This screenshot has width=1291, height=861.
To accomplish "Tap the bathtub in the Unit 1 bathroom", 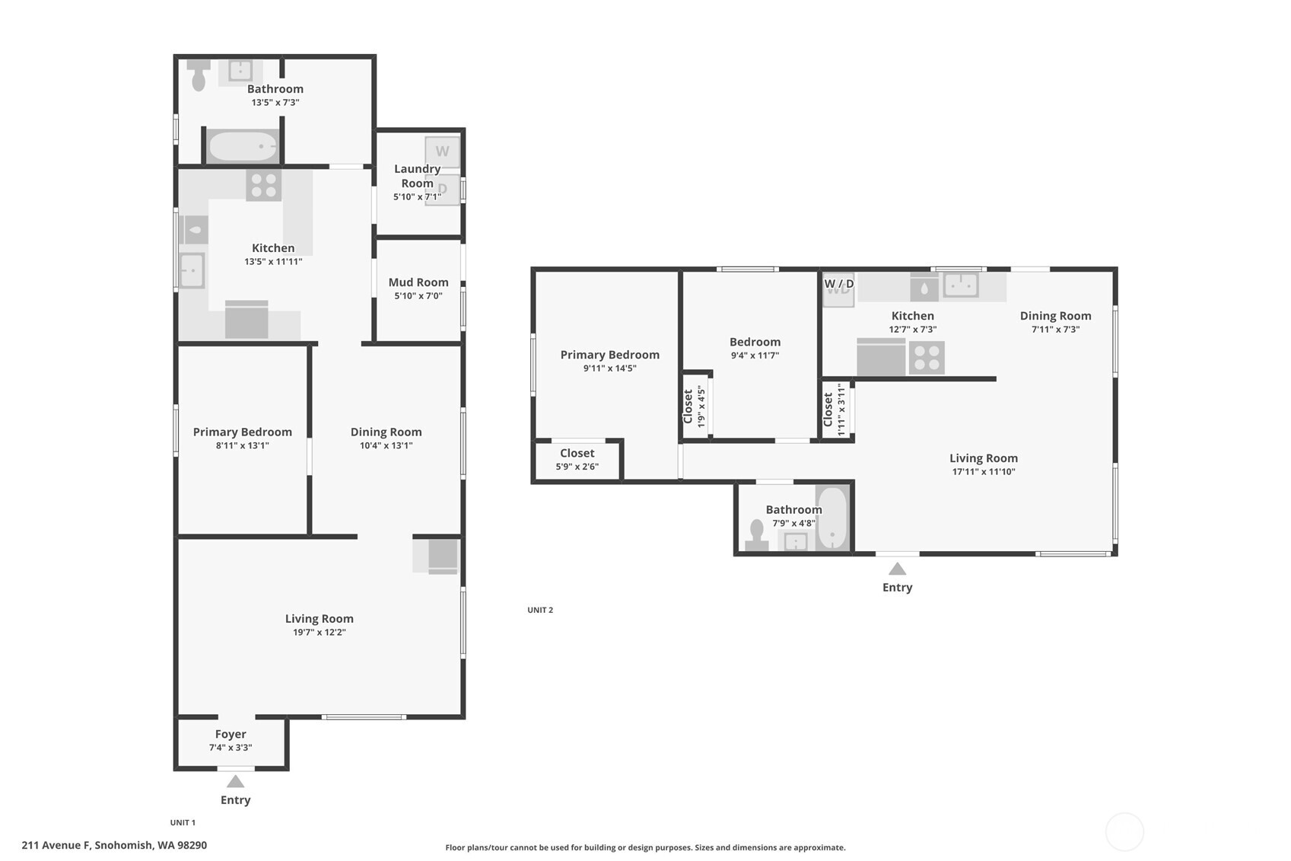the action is tap(243, 146).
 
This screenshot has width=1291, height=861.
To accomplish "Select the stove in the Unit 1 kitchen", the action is tap(263, 185).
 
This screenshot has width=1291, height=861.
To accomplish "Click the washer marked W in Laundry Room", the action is tap(442, 151).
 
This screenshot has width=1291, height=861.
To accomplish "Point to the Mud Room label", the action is tap(418, 282).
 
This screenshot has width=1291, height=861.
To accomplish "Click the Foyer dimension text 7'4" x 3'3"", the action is tap(231, 748).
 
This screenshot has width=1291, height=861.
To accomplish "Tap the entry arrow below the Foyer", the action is tap(235, 781).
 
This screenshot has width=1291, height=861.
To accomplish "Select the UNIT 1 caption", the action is tap(183, 822).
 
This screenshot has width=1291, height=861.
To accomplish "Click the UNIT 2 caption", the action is tap(540, 610).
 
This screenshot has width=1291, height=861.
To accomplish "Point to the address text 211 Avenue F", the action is tap(56, 845).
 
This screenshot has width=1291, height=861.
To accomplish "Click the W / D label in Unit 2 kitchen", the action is tap(838, 284).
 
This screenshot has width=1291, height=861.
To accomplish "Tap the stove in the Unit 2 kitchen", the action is tap(926, 358).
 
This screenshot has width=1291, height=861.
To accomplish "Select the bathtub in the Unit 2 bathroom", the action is tap(832, 518).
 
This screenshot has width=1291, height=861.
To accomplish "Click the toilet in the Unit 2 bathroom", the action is tap(757, 535).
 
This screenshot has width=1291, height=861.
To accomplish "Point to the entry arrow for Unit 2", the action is tap(897, 569).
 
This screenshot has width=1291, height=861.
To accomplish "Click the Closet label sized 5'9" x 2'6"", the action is tap(577, 453).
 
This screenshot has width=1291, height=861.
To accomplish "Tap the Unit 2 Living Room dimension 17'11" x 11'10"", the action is tap(983, 471).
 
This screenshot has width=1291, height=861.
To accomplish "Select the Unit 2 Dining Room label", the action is tap(1055, 315).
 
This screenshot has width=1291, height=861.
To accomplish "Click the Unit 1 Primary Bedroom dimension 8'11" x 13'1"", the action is tap(242, 445).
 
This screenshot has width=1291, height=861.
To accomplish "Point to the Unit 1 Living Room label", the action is tap(320, 619).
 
